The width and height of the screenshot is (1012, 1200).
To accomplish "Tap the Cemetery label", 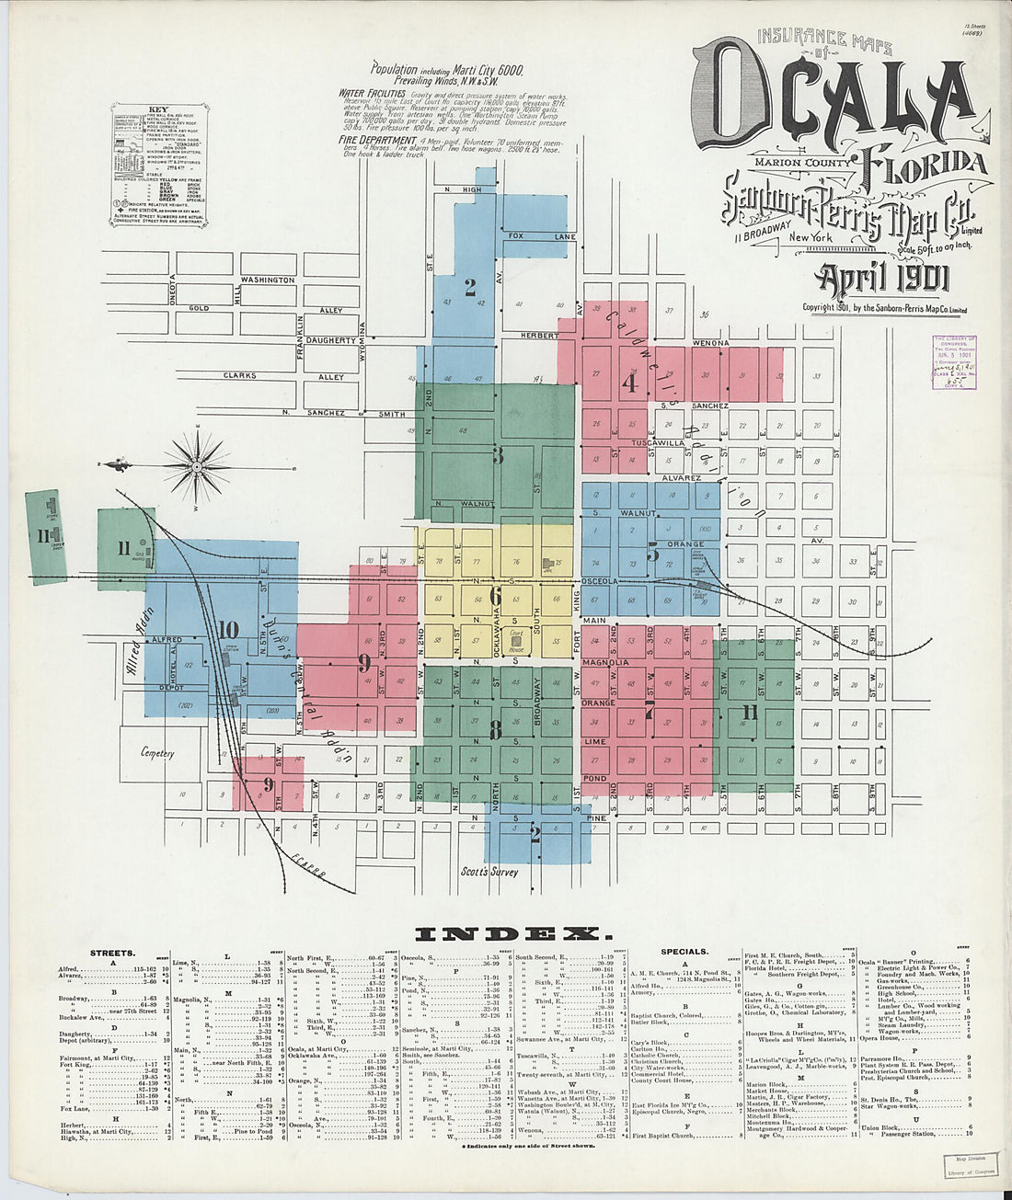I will tap(157, 753).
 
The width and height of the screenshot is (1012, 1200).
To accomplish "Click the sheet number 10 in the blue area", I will tap(229, 630).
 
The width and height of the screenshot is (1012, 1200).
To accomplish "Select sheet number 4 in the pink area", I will tap(629, 383).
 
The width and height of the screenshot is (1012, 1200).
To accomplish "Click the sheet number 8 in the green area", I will tap(495, 730).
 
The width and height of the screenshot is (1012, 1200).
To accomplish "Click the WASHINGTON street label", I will tap(268, 280).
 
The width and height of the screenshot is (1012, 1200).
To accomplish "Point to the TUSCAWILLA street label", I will tap(679, 442).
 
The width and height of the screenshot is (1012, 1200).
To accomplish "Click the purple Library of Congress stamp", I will tap(953, 361).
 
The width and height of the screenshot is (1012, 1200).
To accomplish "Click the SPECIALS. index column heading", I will tap(684, 952).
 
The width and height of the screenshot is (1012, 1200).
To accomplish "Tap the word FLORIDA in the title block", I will tap(925, 164).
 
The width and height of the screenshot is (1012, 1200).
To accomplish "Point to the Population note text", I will tap(446, 69).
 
